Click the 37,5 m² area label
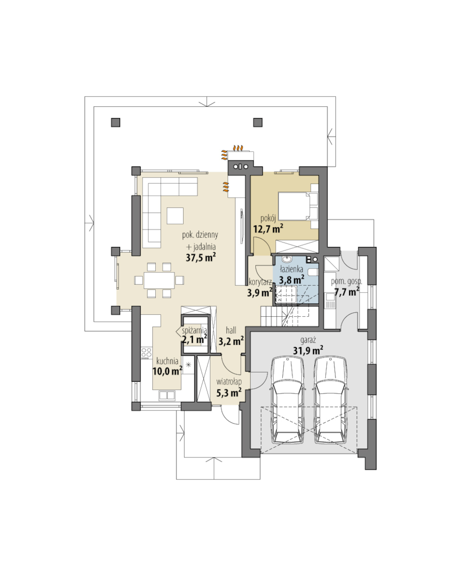click(201, 257)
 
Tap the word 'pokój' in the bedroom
click(268, 219)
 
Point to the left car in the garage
click(288, 400)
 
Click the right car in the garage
click(331, 400)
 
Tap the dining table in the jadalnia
click(159, 280)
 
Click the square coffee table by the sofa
click(175, 216)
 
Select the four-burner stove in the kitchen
click(147, 353)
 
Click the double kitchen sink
click(167, 395)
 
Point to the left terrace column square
click(115, 122)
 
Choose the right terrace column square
click(258, 122)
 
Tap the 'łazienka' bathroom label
click(292, 269)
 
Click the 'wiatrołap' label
click(229, 382)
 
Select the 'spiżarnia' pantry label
click(194, 330)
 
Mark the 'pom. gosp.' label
click(346, 282)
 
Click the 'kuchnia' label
click(168, 361)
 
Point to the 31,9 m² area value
click(308, 350)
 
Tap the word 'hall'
click(231, 330)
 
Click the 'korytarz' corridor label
click(260, 282)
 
